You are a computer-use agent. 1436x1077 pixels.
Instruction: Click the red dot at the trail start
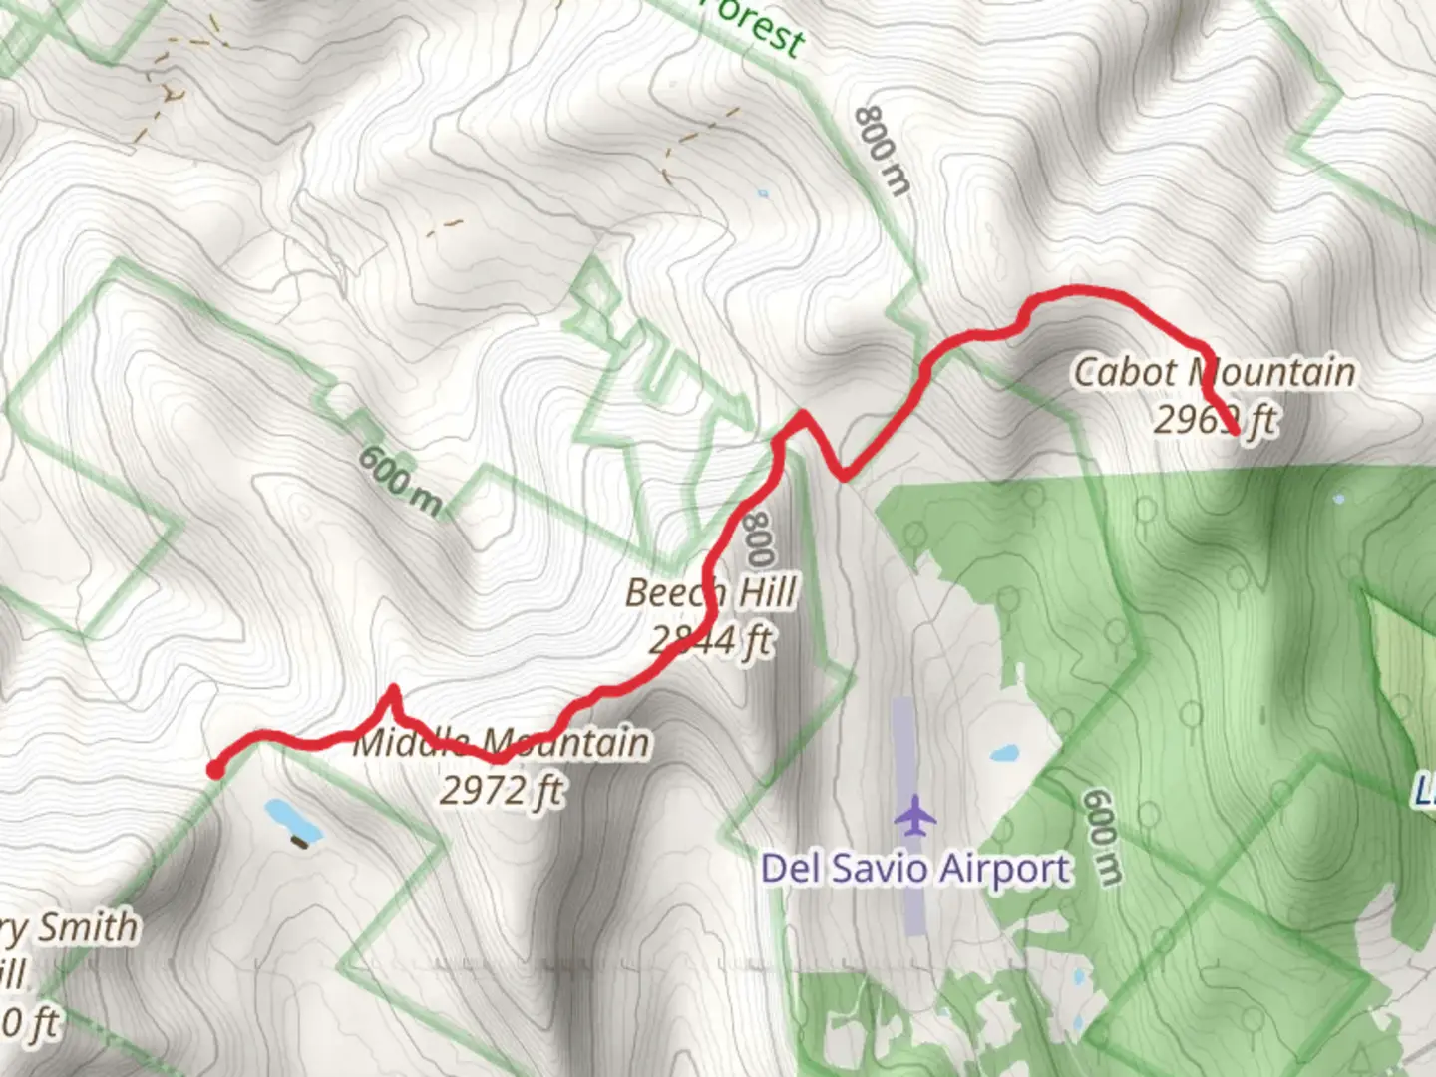(x=214, y=769)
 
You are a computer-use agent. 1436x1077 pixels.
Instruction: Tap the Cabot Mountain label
(x=1214, y=373)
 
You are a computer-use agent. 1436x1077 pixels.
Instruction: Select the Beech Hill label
(x=711, y=593)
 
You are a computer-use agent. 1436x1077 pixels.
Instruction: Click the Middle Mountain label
(x=502, y=743)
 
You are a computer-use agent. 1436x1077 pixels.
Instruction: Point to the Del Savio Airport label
(x=915, y=869)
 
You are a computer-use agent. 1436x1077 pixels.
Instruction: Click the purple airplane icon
(x=914, y=816)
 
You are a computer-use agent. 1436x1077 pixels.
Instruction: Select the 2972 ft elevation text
(x=502, y=791)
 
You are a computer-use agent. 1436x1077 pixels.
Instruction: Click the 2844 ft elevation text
(x=711, y=640)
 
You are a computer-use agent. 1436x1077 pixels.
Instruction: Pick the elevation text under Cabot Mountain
(x=1214, y=420)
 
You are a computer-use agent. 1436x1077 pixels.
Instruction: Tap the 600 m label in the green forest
(x=1102, y=836)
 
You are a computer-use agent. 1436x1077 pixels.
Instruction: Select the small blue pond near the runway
(x=1004, y=754)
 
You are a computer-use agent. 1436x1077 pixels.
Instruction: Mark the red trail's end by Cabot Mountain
(x=1237, y=433)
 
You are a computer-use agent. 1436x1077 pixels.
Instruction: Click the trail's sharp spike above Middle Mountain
(x=393, y=689)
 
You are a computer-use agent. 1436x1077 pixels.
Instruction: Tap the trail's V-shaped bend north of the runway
(x=843, y=476)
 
